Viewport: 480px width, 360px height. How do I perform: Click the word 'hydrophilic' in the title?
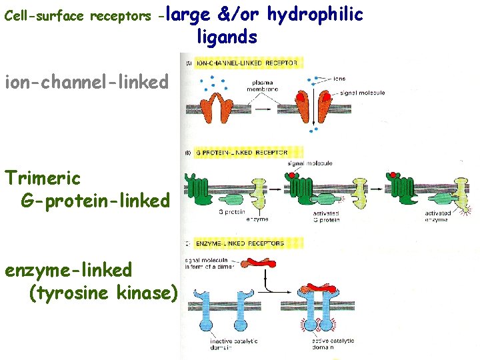(315, 14)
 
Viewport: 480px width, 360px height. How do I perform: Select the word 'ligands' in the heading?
(227, 37)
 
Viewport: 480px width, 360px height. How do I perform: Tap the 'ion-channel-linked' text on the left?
(87, 83)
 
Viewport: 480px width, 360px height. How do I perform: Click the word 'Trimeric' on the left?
(43, 178)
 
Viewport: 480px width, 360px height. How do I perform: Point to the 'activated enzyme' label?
(439, 216)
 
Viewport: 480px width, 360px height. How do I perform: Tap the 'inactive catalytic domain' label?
(225, 344)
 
